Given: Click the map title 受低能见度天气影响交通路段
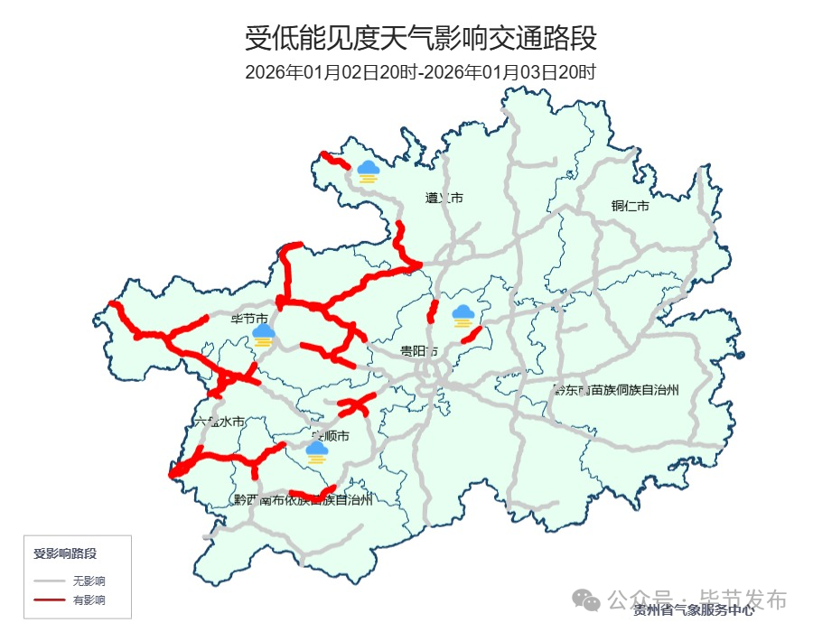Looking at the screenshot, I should (x=421, y=39).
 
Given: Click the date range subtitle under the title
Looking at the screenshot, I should (x=421, y=72).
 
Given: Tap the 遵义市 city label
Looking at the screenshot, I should (x=444, y=198).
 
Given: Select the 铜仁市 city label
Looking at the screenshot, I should (x=630, y=207).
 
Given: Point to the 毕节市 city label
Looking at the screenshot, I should (x=249, y=319).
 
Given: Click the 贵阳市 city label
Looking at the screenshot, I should (x=419, y=351).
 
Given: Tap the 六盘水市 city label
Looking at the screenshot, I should (x=220, y=422).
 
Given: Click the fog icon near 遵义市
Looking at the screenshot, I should (x=368, y=171).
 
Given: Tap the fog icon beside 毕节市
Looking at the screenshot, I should (x=264, y=336).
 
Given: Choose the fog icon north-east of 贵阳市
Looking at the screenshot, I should (x=463, y=316).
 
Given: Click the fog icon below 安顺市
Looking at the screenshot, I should (x=316, y=451).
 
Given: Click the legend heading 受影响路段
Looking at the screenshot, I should (x=65, y=553).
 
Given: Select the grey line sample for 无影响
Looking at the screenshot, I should (x=50, y=581).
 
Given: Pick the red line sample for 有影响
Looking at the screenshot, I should (x=50, y=599).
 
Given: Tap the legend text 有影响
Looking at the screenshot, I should (x=89, y=599).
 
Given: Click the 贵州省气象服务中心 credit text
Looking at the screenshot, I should (x=694, y=611).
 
